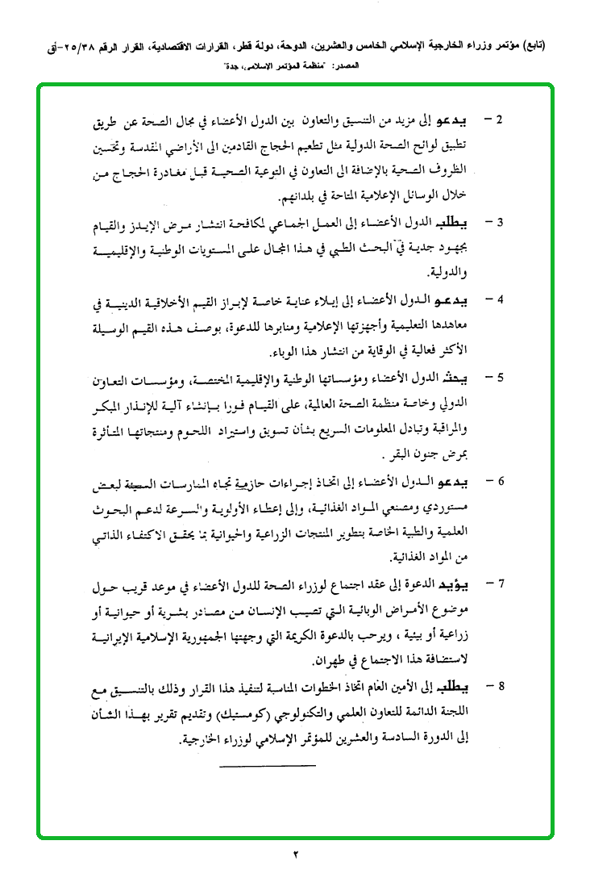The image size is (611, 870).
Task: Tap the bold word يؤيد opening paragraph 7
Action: (463, 583)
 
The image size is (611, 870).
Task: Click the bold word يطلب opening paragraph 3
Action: (462, 221)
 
